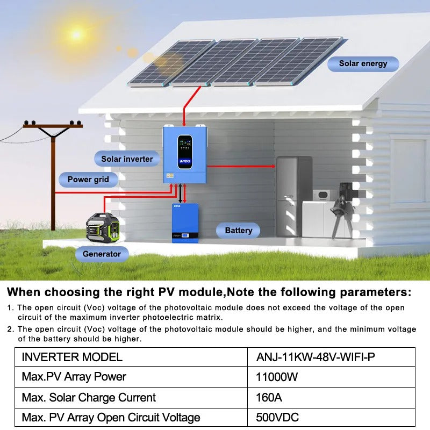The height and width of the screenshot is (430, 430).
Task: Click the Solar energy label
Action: coord(363,63)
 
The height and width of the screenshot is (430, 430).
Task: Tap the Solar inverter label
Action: coord(127,159)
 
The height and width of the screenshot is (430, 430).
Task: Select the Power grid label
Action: coord(88,180)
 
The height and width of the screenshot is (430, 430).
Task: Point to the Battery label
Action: coord(238,231)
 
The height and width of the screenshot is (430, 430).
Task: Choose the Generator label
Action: coord(102,254)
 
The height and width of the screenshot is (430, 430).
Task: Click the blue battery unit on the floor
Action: coord(185,223)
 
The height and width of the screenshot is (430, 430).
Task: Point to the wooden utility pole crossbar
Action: coord(53,126)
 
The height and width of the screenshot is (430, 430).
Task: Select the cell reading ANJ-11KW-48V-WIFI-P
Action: coord(316,357)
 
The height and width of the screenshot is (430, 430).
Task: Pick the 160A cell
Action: coord(269,398)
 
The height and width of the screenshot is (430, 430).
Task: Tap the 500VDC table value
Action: coord(277,418)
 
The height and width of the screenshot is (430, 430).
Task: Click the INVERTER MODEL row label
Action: coord(72,357)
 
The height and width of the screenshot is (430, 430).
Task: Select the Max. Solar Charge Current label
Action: coord(89,398)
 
